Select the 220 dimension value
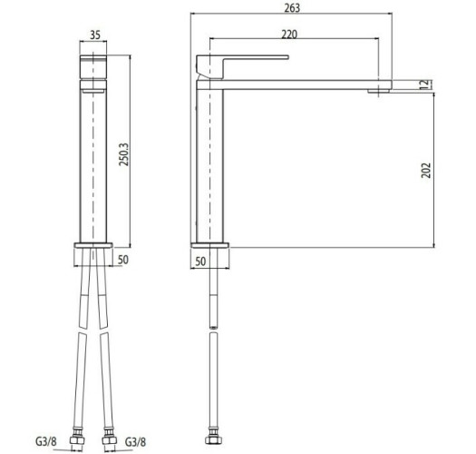(x=291, y=33)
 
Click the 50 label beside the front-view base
(x=126, y=260)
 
